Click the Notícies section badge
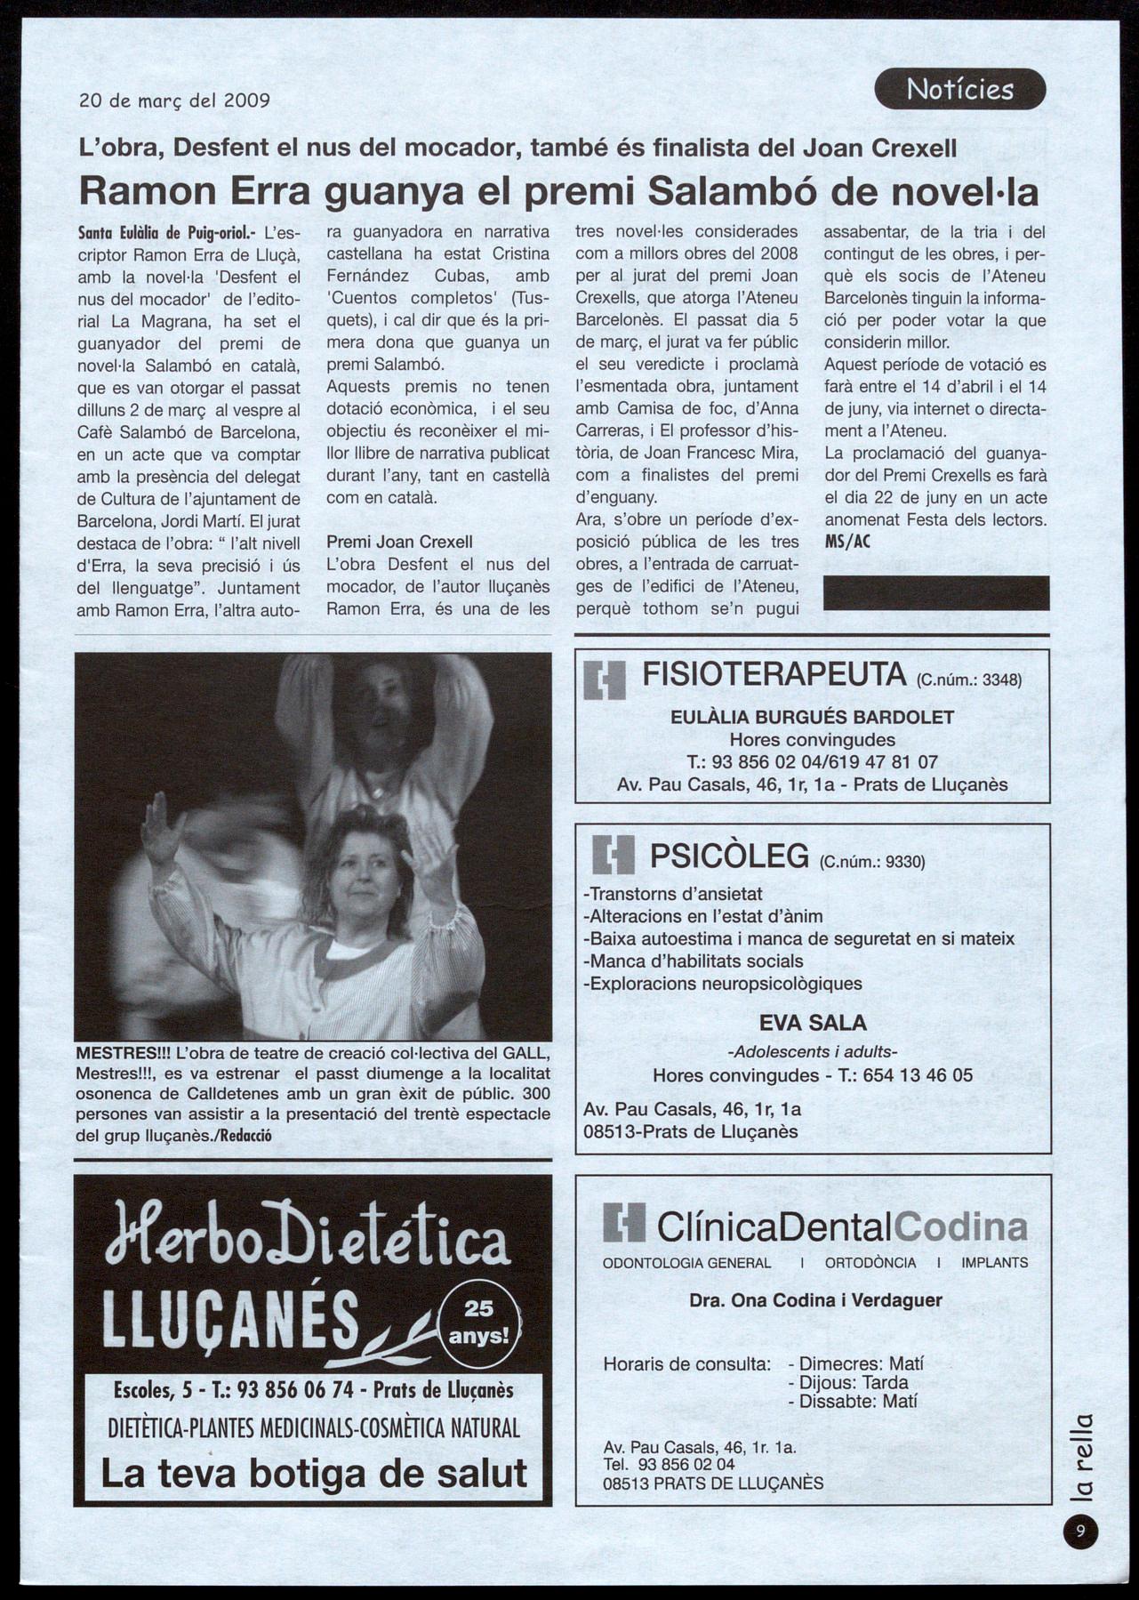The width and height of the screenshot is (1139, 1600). (x=959, y=89)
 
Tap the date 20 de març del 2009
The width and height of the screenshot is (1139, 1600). (x=174, y=101)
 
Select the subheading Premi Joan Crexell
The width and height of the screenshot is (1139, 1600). (x=399, y=542)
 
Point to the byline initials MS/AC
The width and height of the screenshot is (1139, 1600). (x=847, y=542)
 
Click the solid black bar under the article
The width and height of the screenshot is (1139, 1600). (x=935, y=593)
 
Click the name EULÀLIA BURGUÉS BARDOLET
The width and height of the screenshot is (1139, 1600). (x=812, y=718)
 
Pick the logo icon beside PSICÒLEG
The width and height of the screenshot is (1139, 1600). (x=614, y=856)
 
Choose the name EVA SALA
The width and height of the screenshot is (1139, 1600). (x=813, y=1023)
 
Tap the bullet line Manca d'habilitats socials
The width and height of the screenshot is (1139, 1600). (x=693, y=961)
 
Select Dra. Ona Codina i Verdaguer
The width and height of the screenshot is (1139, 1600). (x=815, y=1300)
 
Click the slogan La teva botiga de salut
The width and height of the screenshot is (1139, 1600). (x=314, y=1474)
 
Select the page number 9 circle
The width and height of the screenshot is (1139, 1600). (x=1080, y=1532)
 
